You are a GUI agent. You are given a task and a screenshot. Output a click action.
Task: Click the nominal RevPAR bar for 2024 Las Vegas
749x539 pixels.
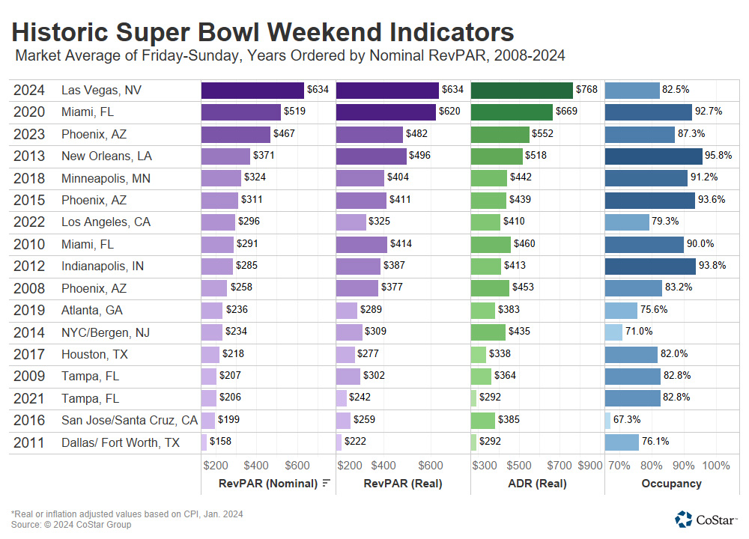coord(253,90)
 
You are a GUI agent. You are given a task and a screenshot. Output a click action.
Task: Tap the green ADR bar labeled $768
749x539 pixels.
coord(522,90)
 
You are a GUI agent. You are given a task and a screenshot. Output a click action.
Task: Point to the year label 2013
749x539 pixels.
coord(28,156)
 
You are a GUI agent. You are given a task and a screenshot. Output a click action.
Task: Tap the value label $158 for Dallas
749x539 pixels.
coord(220,442)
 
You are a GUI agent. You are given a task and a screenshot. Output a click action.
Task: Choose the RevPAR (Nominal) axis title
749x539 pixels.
coord(268,484)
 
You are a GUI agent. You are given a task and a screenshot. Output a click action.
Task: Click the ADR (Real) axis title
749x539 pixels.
coord(537,484)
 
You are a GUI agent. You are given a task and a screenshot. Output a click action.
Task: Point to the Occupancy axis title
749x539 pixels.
coord(671,484)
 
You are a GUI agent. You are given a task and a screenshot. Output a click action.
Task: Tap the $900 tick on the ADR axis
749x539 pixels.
coord(590,466)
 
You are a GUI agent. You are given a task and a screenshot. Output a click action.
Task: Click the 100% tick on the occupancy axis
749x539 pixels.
coord(717,466)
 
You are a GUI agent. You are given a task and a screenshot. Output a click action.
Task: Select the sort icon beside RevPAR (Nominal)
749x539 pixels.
coord(326,484)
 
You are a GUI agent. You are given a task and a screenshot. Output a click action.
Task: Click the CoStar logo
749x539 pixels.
coord(705,519)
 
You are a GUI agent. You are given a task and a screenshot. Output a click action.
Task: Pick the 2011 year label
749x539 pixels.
coord(28,442)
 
